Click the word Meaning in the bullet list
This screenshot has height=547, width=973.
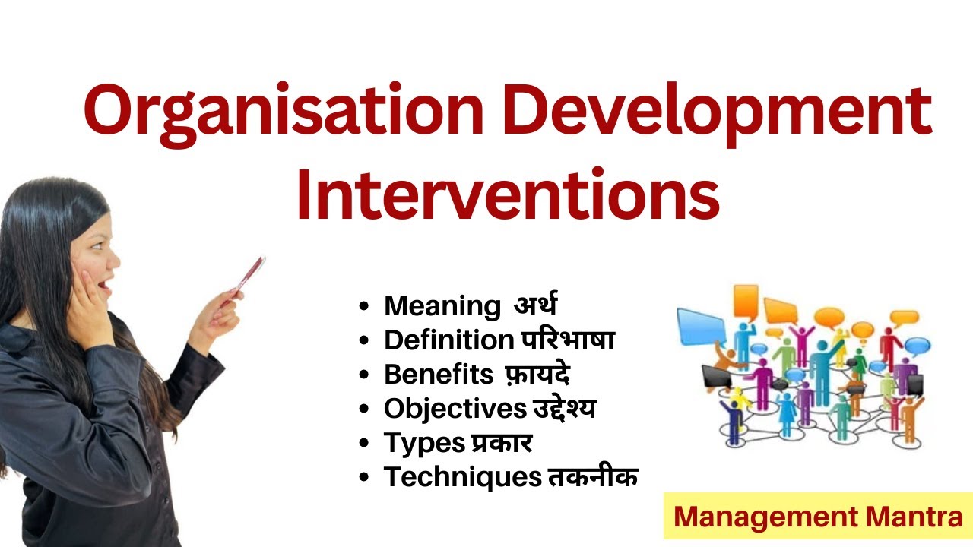(x=442, y=306)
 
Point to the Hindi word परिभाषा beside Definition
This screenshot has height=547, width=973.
(x=567, y=340)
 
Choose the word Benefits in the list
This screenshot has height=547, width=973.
(x=439, y=375)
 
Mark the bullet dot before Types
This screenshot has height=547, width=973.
(x=366, y=444)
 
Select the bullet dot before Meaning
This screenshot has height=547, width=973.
(x=366, y=307)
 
